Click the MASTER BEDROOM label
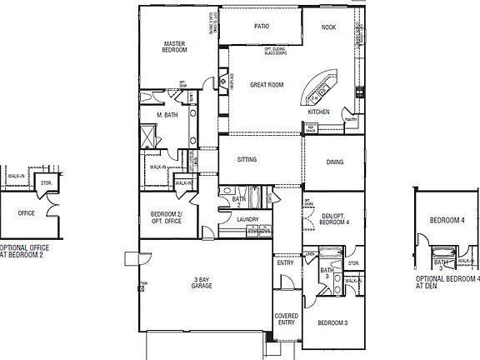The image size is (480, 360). coord(174,47)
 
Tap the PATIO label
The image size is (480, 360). coord(261,27)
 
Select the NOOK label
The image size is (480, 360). coord(329,27)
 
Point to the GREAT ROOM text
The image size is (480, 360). coord(267,85)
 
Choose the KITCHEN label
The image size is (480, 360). coord(319,112)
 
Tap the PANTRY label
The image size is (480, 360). coord(351,119)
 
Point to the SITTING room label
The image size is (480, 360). coord(247,159)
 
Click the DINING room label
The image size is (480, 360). coord(334,162)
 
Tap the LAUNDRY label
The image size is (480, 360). coord(247,220)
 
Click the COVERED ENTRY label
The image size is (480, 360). coord(286,320)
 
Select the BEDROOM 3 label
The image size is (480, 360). coord(332,322)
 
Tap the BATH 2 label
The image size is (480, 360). coord(238,201)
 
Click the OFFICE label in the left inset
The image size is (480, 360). coord(26,213)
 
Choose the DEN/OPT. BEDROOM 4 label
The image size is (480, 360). coord(333,220)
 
